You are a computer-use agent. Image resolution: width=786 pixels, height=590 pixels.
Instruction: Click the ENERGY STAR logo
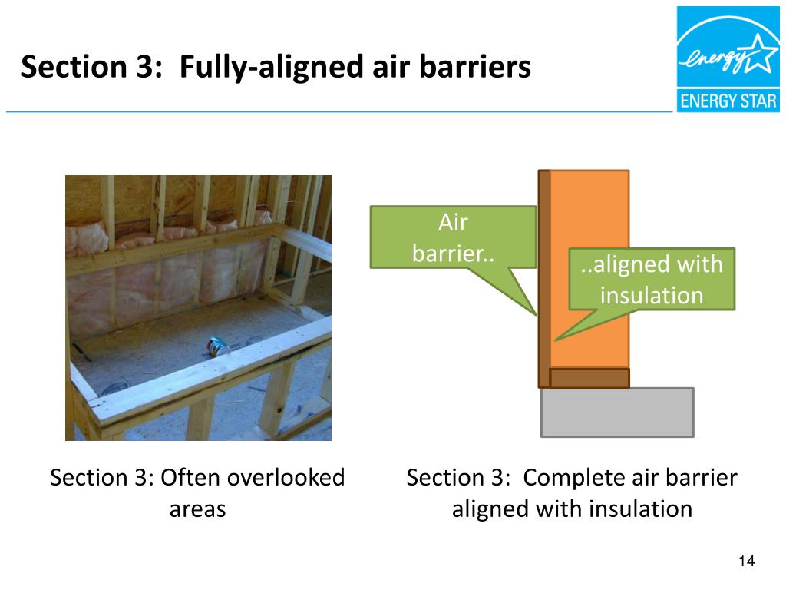pyautogui.click(x=727, y=60)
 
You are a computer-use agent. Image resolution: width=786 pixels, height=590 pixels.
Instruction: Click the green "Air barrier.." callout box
pyautogui.click(x=453, y=237)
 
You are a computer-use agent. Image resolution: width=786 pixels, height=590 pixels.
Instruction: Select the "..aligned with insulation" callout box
pyautogui.click(x=651, y=279)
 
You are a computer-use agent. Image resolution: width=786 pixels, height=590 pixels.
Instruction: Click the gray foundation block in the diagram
pyautogui.click(x=617, y=413)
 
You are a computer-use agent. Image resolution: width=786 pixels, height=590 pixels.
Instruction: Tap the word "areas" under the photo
pyautogui.click(x=197, y=509)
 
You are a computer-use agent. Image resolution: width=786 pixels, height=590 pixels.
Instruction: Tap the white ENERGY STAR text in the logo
pyautogui.click(x=728, y=101)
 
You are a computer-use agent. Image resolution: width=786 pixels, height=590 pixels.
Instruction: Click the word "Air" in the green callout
pyautogui.click(x=453, y=223)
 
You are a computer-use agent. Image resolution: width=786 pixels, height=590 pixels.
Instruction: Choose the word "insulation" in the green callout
pyautogui.click(x=651, y=295)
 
